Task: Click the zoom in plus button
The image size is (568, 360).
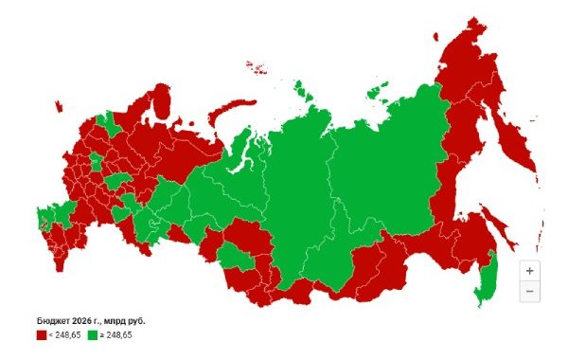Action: point(529,270)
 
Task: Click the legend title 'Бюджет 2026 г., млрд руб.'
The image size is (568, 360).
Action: point(91,320)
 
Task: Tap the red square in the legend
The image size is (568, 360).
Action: point(42,334)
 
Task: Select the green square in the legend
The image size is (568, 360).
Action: point(93,334)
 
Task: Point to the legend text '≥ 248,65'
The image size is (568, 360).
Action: point(116,334)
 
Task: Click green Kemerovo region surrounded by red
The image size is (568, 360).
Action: point(232,254)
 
